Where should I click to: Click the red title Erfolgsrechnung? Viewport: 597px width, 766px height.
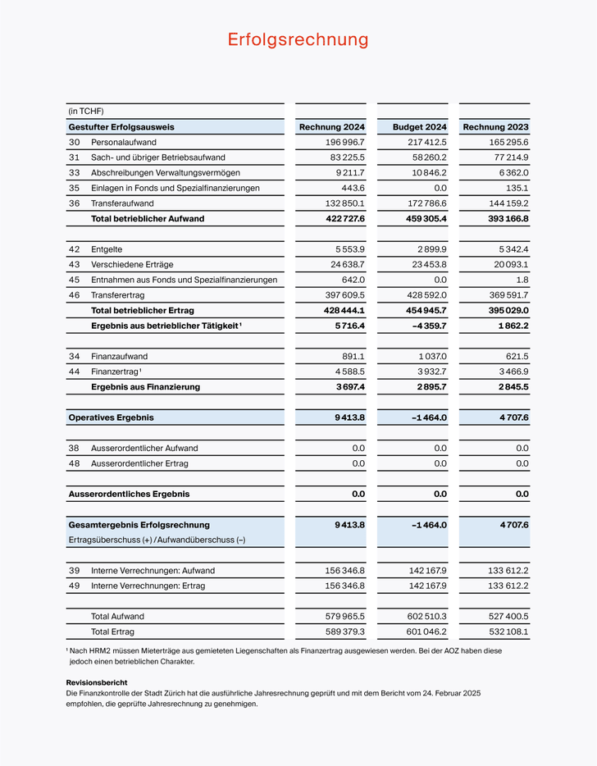click(298, 39)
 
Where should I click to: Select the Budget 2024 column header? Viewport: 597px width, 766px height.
click(420, 127)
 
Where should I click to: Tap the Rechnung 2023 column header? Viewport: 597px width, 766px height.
click(496, 127)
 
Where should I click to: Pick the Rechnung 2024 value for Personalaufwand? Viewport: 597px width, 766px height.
click(345, 142)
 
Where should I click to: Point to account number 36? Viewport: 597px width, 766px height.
click(74, 203)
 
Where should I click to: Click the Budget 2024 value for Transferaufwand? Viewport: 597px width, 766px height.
click(426, 203)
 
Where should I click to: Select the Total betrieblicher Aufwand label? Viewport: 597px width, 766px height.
click(148, 219)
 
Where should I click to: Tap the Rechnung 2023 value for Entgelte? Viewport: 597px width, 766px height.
click(511, 249)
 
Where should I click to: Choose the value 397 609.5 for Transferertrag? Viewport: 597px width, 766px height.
click(344, 295)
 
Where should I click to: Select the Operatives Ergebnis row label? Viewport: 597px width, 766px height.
click(111, 417)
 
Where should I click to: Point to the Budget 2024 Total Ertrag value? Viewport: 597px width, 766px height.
click(426, 631)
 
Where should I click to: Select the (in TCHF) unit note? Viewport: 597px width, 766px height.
click(86, 112)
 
